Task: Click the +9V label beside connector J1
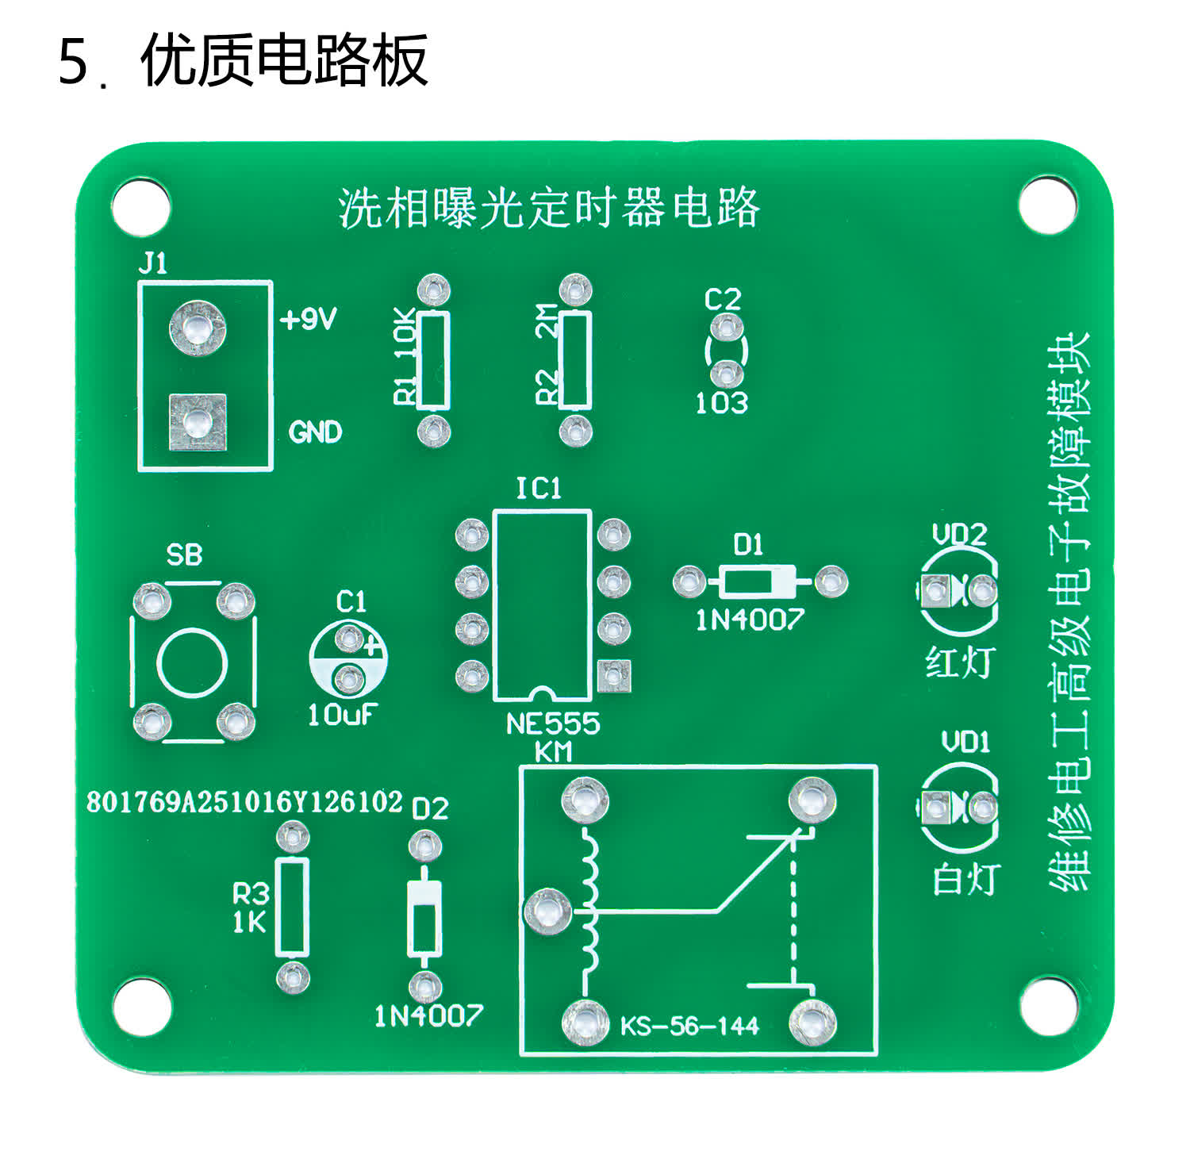309,320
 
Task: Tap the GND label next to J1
315,432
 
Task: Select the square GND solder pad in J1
198,422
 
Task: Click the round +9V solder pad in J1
197,327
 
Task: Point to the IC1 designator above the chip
539,489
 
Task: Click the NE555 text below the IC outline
553,723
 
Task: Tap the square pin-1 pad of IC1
613,675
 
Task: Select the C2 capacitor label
722,300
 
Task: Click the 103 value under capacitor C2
721,403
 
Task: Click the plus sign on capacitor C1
372,646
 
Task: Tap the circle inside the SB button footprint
193,663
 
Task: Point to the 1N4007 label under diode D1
750,620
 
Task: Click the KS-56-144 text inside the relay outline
689,1027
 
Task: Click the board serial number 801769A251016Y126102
244,802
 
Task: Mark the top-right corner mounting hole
1047,205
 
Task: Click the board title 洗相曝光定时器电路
549,209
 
